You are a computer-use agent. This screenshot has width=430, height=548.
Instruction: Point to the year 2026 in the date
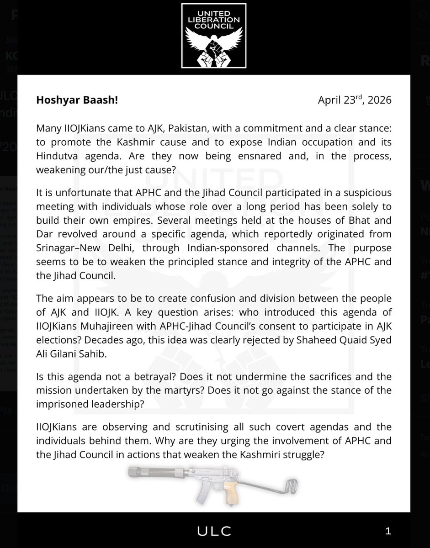pos(378,100)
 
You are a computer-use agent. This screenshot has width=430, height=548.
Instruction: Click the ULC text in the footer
pos(215,531)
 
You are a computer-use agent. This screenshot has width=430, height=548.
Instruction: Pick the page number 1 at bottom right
pos(388,531)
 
